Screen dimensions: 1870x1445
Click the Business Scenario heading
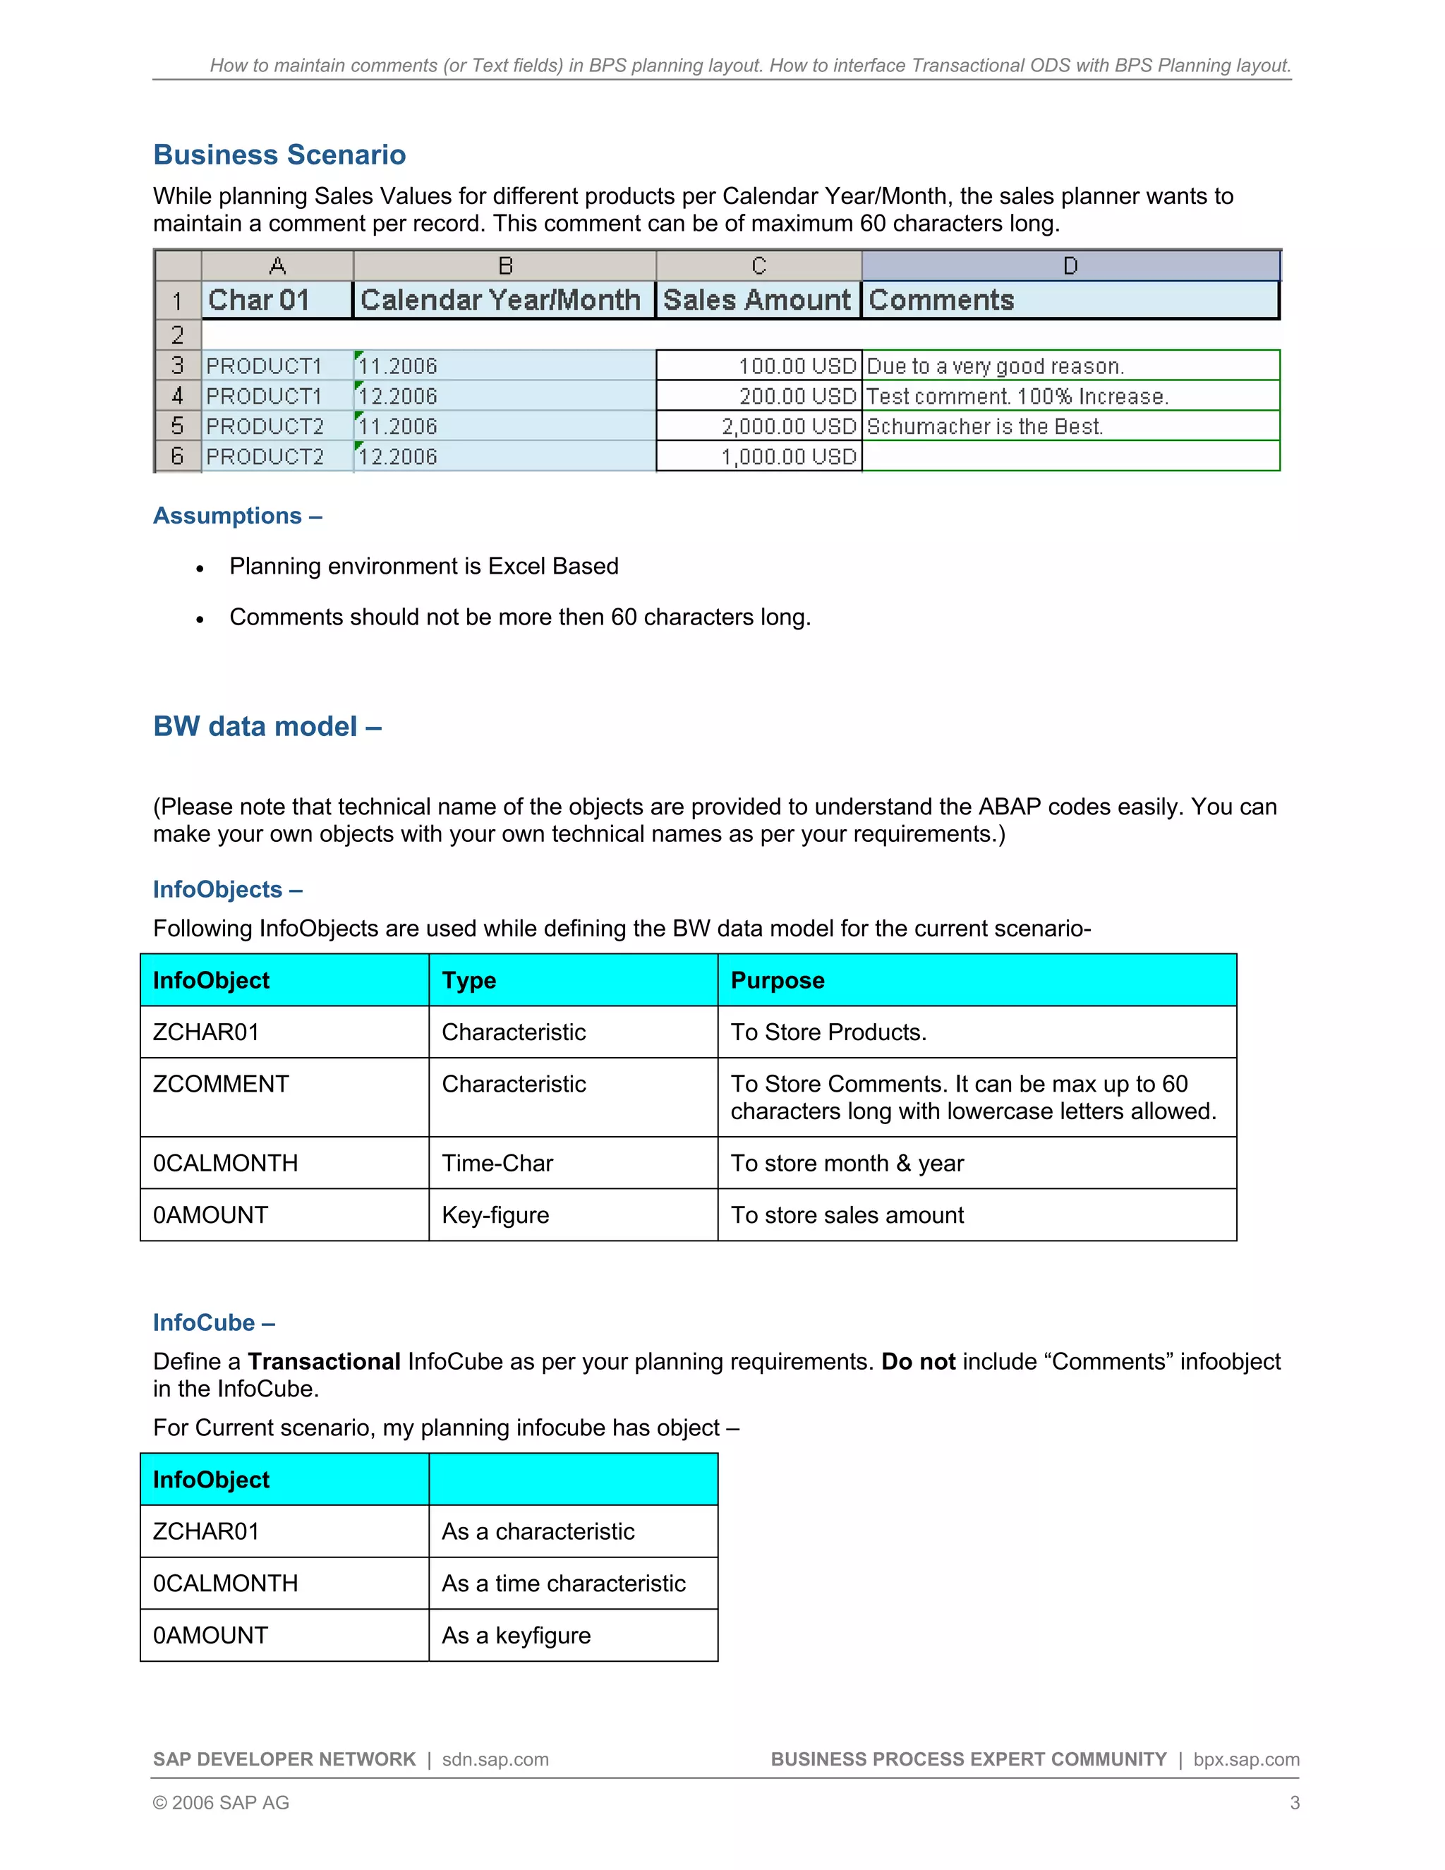279,155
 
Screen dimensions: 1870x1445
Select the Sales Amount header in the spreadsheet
757,300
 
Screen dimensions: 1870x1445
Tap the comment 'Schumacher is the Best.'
984,426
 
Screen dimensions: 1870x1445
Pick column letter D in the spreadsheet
1070,266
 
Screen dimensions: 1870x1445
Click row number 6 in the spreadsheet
177,457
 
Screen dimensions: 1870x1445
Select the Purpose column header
778,980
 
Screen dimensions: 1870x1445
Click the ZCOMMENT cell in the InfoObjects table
221,1084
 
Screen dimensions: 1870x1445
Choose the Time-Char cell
497,1163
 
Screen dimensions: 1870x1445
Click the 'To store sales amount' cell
847,1215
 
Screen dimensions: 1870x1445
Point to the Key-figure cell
495,1215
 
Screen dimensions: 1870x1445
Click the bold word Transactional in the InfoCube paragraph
324,1361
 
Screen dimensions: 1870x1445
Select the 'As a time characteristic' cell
563,1584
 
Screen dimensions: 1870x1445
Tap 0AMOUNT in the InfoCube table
210,1636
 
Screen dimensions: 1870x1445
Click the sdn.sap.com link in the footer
495,1759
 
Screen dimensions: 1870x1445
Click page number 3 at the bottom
1294,1803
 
